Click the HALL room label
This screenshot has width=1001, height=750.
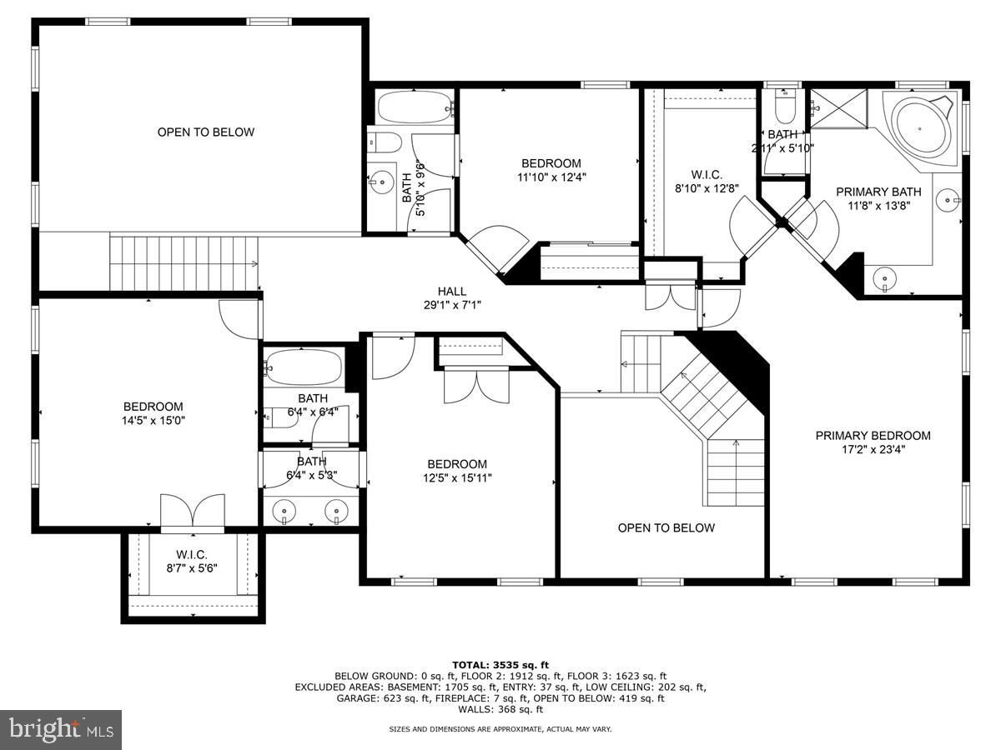click(452, 292)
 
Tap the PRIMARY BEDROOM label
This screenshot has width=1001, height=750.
click(873, 436)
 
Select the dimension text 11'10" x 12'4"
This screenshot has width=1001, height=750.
click(551, 177)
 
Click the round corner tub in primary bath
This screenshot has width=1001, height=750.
click(919, 129)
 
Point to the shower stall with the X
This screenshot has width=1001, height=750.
click(838, 109)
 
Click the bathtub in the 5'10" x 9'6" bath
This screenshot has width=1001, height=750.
click(415, 107)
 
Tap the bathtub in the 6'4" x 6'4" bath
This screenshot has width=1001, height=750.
click(304, 366)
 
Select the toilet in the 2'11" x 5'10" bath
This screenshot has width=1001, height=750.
click(785, 107)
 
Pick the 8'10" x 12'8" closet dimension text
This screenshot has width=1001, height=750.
click(707, 188)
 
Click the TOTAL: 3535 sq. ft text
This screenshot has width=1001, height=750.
click(500, 665)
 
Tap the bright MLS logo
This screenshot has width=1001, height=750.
click(61, 729)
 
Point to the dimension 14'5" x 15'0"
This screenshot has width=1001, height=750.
click(153, 420)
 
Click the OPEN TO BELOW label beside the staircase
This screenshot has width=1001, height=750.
click(666, 528)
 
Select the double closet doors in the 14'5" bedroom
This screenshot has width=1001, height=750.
click(193, 512)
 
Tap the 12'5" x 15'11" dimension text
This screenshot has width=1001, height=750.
click(457, 478)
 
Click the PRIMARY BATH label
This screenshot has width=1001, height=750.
click(878, 192)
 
